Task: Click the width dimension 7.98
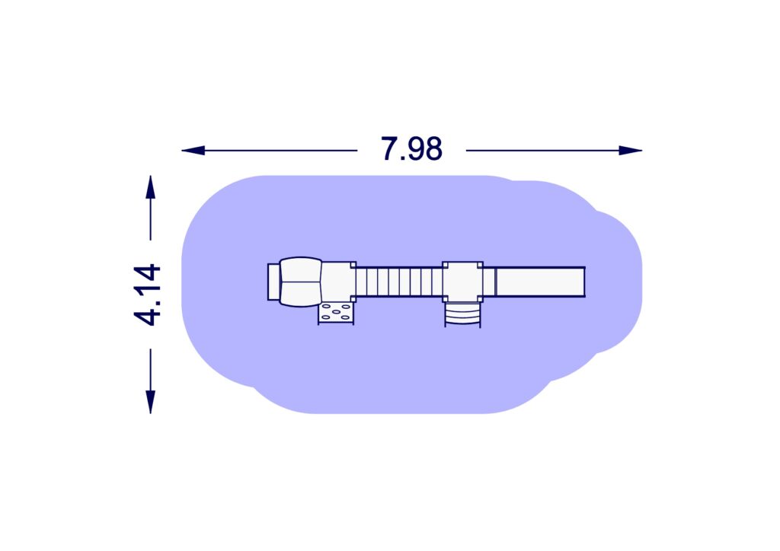click(411, 148)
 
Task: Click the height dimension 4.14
click(147, 295)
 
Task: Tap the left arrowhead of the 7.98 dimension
click(193, 150)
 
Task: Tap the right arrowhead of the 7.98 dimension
click(630, 150)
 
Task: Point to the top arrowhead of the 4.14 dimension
click(150, 187)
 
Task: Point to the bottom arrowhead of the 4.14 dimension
click(150, 402)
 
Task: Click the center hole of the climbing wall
click(336, 312)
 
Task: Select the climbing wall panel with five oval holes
click(336, 313)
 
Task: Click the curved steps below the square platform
click(462, 314)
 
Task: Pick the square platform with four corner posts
click(462, 282)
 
